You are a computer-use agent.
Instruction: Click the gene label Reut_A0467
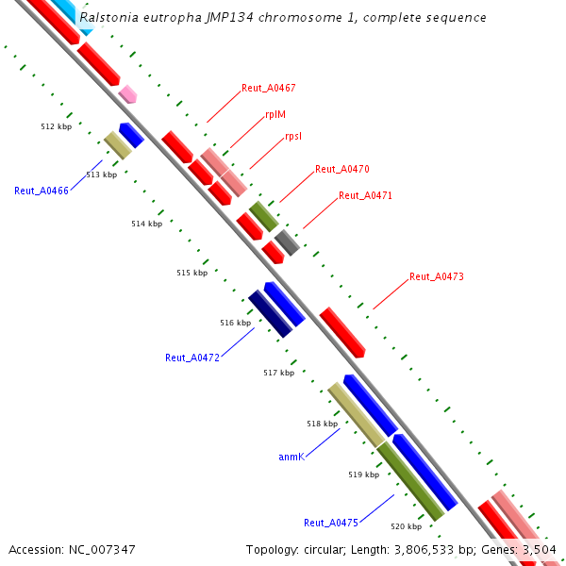pos(269,88)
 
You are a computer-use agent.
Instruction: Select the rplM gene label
pos(275,114)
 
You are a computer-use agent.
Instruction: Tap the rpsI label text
pos(293,136)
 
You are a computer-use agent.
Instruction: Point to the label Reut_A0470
pos(342,169)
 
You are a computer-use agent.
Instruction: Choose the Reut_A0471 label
pos(365,195)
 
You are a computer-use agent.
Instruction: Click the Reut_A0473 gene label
pos(437,276)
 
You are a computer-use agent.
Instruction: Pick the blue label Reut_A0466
pos(42,191)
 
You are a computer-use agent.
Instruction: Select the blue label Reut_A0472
pos(192,358)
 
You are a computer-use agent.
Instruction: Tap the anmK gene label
pos(291,457)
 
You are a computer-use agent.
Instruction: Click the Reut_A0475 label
pos(331,523)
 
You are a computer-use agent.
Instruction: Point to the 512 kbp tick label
pos(57,125)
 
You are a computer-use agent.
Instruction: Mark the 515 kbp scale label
pos(191,273)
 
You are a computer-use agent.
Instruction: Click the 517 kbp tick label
pos(278,373)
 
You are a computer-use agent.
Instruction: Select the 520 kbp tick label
pos(407,526)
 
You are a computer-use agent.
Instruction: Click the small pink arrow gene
pos(127,93)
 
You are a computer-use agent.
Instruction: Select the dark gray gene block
pos(287,241)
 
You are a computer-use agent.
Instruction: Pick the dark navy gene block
pos(270,314)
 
